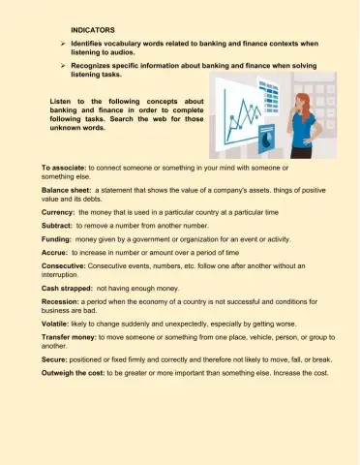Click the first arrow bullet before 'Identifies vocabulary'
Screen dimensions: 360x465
(x=62, y=44)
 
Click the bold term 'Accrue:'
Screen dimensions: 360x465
(x=55, y=251)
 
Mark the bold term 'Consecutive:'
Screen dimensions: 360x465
(x=65, y=264)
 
